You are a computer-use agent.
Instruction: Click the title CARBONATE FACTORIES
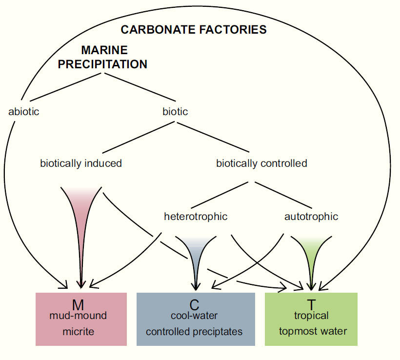[x=194, y=30]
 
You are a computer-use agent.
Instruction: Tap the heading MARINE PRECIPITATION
[x=102, y=57]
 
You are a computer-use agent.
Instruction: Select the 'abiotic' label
[x=24, y=112]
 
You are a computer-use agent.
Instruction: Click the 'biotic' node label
[x=175, y=112]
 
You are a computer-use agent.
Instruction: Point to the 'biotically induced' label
[x=81, y=163]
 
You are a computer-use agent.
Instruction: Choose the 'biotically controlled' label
[x=261, y=163]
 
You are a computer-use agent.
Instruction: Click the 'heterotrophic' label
[x=196, y=217]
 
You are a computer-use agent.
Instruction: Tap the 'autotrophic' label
[x=311, y=217]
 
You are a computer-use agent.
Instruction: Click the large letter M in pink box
[x=78, y=305]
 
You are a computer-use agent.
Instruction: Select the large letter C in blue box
[x=194, y=305]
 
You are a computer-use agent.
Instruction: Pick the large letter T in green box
[x=311, y=305]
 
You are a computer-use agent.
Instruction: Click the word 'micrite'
[x=79, y=332]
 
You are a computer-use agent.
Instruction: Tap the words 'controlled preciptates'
[x=194, y=332]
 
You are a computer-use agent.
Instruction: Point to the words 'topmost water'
[x=313, y=331]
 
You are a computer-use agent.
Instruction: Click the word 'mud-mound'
[x=78, y=316]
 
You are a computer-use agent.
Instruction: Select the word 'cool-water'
[x=194, y=316]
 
